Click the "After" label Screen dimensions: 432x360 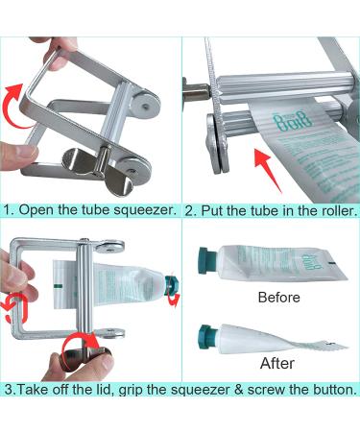click(x=276, y=364)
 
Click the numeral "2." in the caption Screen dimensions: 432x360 click(x=190, y=209)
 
